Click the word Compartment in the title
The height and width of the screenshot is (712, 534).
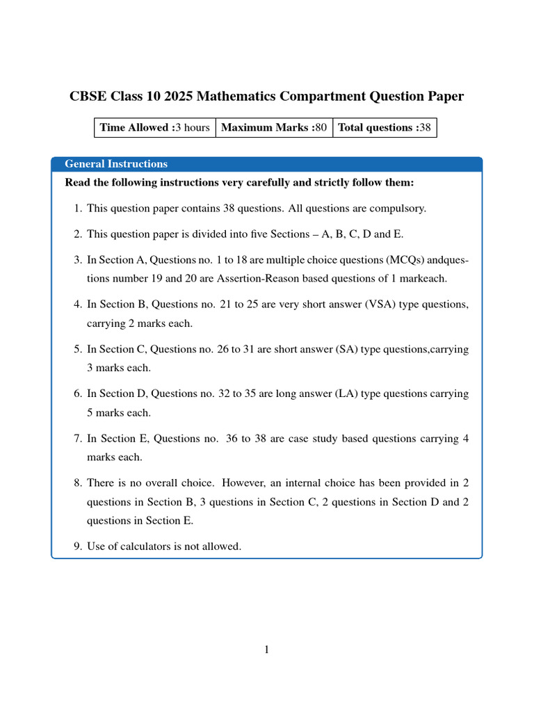point(269,96)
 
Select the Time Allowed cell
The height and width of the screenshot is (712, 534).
point(154,127)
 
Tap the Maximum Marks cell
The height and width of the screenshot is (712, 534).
point(274,127)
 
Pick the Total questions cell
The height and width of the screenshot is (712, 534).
point(385,127)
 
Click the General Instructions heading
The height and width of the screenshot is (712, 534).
point(116,164)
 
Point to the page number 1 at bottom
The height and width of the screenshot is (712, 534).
point(266,649)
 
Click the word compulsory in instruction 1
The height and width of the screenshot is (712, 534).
point(396,208)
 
